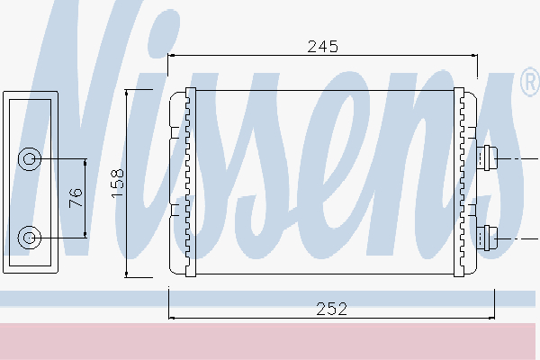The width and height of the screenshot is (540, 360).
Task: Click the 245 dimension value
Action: tap(323, 47)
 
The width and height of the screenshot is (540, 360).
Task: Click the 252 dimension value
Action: tap(331, 309)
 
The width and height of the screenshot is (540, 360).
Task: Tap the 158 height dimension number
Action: tap(117, 184)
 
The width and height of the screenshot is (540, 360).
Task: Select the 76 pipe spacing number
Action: tap(76, 198)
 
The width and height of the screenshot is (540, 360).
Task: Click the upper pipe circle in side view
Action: tap(30, 158)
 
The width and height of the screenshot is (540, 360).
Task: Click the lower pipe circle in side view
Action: tap(30, 238)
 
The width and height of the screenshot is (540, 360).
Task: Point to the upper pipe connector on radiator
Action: tap(487, 158)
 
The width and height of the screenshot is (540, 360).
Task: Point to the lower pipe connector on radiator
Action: tap(487, 238)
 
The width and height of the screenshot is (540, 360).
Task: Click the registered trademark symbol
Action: tap(530, 82)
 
